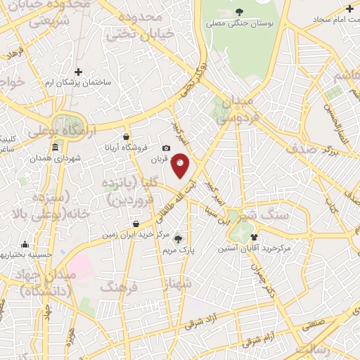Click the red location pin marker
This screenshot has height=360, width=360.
[181, 165]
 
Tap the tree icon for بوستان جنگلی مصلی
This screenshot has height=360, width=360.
[239, 11]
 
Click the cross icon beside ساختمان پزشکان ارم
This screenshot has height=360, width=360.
[78, 72]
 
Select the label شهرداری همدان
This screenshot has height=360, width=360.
[56, 158]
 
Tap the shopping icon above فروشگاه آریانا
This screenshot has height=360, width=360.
[126, 136]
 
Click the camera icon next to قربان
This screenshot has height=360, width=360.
[167, 148]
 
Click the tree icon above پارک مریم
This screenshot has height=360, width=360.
[177, 238]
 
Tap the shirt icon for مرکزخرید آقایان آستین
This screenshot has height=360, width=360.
[254, 237]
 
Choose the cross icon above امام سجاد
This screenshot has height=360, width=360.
[349, 8]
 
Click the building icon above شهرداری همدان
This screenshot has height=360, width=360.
[56, 147]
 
